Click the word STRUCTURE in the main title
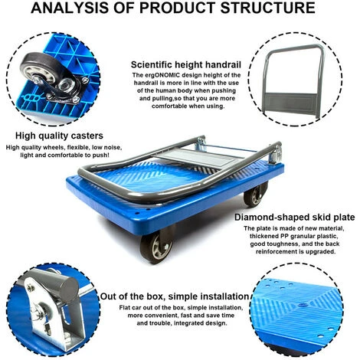click(x=267, y=8)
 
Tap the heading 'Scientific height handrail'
click(x=186, y=64)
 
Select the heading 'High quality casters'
click(x=59, y=136)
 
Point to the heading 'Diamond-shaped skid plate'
click(x=295, y=218)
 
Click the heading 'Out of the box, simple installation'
click(x=175, y=296)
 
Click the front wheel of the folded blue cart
click(x=157, y=246)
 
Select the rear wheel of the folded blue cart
click(x=255, y=195)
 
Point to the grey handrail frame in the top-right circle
click(x=293, y=47)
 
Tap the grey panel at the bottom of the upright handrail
click(x=291, y=103)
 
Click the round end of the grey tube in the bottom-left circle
click(x=69, y=290)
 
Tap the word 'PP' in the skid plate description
click(x=285, y=236)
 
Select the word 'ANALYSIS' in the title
click(x=70, y=8)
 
